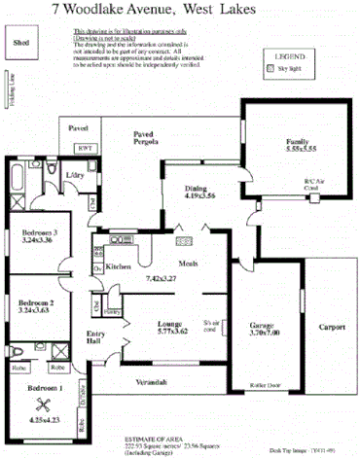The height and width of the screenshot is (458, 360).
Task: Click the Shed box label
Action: (x=20, y=43)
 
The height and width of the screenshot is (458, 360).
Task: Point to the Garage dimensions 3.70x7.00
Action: (x=267, y=333)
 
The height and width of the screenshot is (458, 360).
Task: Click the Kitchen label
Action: (x=118, y=265)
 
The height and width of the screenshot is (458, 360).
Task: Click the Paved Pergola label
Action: (x=148, y=136)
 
